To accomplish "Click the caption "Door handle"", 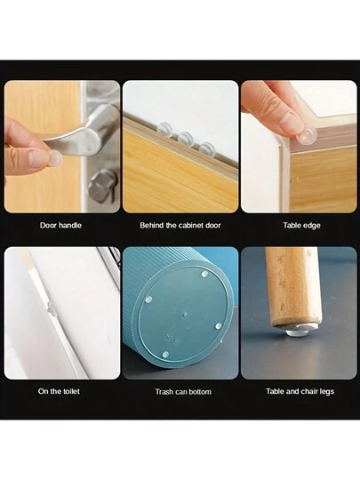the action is coord(60,225).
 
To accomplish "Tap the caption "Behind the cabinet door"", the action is coord(180,225).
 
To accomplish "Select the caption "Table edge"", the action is coord(301,226).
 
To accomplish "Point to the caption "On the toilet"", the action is coord(59,391).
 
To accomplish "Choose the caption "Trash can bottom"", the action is coord(183,392).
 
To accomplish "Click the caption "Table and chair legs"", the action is coord(300,391).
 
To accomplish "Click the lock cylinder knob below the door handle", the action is coord(102,187).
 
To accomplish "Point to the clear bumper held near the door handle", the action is coord(55,158).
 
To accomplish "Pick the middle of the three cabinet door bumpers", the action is coord(185,139).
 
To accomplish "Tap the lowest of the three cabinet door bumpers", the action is coord(205,148).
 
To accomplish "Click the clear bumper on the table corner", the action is coord(307,136).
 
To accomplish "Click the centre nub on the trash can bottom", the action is coord(184,314).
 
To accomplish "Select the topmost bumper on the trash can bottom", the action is coord(204,274).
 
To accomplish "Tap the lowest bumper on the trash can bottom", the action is coord(165,355).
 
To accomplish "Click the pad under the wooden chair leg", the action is coord(298,331).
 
